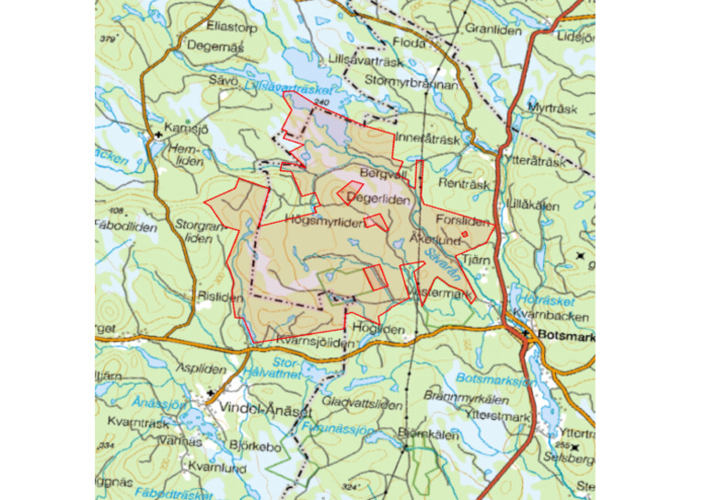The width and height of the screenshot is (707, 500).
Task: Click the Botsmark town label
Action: coord(564,336)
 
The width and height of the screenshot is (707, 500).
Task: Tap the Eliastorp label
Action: coord(232,27)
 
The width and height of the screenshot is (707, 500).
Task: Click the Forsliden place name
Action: coord(463,221)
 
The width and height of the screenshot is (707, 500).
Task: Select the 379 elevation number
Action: coord(109,39)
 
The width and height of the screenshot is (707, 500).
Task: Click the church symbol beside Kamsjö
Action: coord(158,134)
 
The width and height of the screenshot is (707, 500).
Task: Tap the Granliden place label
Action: coord(493,29)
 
